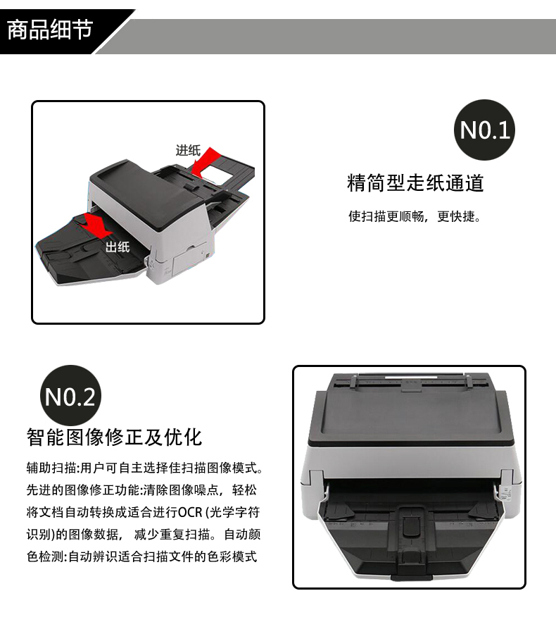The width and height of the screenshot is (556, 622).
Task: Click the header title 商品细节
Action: click(x=50, y=30)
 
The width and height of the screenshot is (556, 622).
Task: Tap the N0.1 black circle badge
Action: click(x=484, y=130)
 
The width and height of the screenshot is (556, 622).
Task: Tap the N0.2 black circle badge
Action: click(x=70, y=396)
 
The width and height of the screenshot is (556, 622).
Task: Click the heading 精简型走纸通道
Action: click(x=415, y=183)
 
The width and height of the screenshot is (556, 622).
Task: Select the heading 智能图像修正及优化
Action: click(x=114, y=437)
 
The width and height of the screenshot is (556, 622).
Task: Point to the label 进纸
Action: click(x=188, y=150)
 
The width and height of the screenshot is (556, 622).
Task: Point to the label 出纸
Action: click(x=118, y=247)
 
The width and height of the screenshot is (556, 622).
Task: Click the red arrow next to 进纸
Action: click(x=205, y=161)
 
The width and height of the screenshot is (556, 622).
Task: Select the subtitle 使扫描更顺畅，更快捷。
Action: click(x=415, y=216)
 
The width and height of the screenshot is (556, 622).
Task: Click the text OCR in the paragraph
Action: click(x=190, y=512)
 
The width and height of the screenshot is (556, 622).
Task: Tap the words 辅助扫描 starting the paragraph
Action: click(x=51, y=468)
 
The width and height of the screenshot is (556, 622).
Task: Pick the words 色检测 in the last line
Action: click(x=45, y=556)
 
